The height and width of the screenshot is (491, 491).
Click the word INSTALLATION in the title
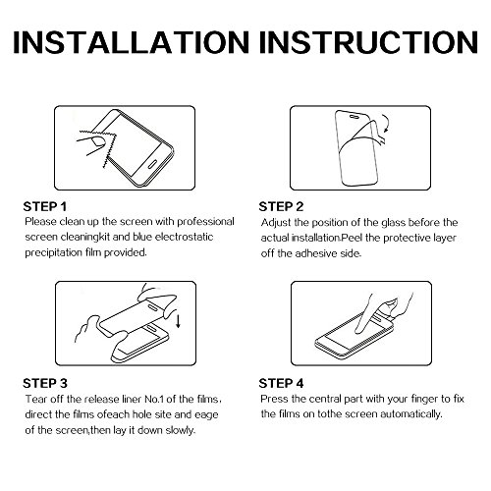point(132,42)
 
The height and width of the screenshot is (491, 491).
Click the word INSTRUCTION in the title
point(369,42)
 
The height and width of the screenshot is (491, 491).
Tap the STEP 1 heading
point(45,207)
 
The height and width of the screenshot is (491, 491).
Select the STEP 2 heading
point(281,207)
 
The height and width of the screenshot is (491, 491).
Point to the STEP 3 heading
point(45,383)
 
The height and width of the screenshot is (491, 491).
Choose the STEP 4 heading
point(281,383)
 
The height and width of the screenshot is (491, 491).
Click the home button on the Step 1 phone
point(153,164)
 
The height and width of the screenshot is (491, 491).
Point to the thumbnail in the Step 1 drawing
point(97,141)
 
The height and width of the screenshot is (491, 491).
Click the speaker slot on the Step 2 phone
point(355,116)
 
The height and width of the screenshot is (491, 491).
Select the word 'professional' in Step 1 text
point(205,222)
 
